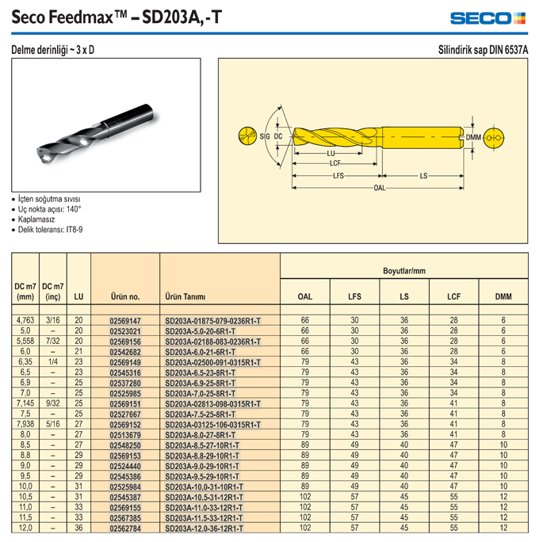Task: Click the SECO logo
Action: tap(487, 18)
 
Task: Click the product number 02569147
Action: tap(125, 321)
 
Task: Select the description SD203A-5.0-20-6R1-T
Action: tap(201, 331)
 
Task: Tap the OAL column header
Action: tap(305, 296)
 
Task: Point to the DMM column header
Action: tap(503, 296)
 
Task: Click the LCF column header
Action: tap(453, 296)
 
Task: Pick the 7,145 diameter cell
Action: tap(25, 403)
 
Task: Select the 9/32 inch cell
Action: tap(53, 403)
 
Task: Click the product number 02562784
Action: tap(125, 529)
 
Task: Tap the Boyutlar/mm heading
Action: tap(404, 271)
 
